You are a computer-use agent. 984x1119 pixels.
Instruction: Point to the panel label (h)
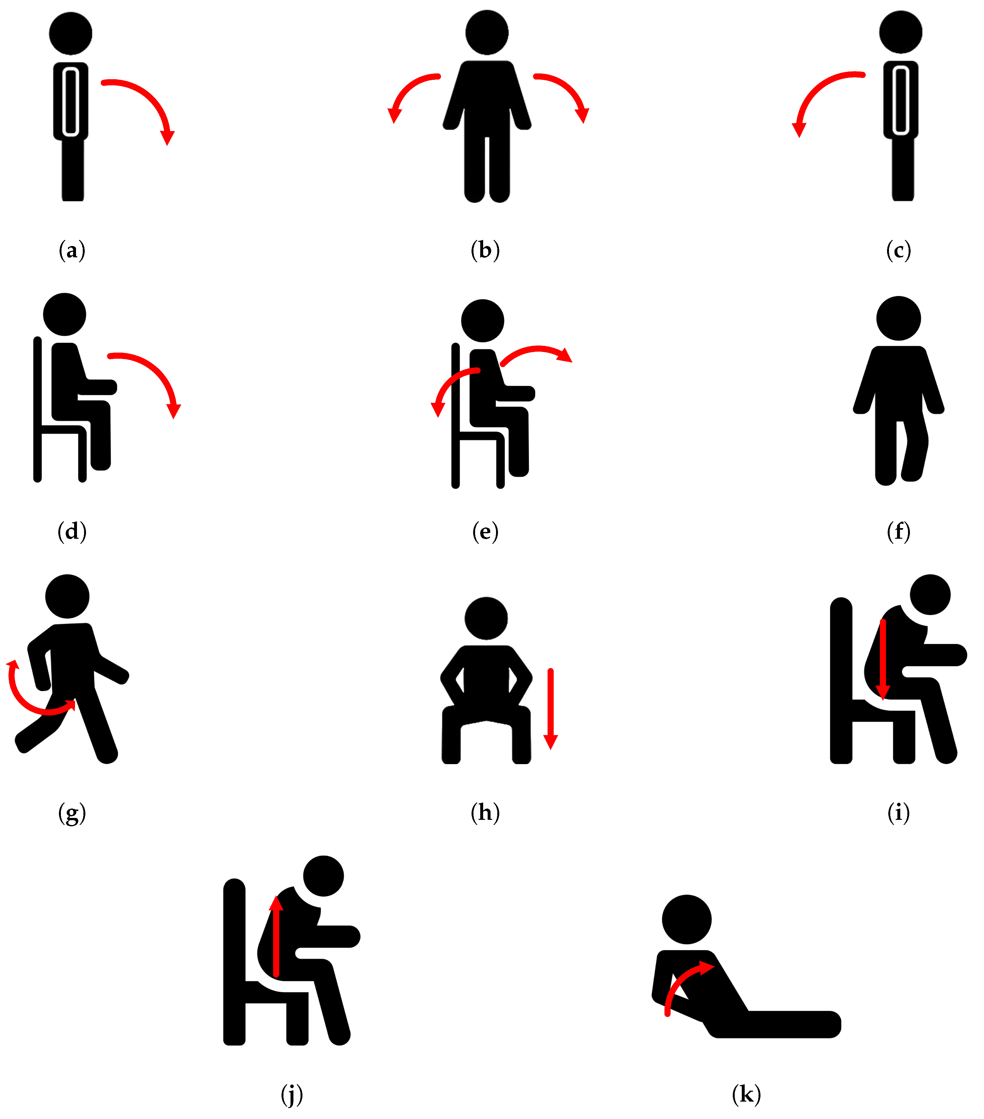click(x=485, y=812)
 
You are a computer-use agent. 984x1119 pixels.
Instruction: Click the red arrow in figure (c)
click(x=816, y=88)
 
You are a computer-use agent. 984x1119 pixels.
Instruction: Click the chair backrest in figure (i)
click(x=841, y=680)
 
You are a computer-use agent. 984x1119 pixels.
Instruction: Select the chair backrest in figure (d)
click(x=38, y=410)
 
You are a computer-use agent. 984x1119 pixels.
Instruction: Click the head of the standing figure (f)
click(x=899, y=318)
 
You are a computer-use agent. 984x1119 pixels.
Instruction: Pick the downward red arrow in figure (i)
click(x=883, y=660)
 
